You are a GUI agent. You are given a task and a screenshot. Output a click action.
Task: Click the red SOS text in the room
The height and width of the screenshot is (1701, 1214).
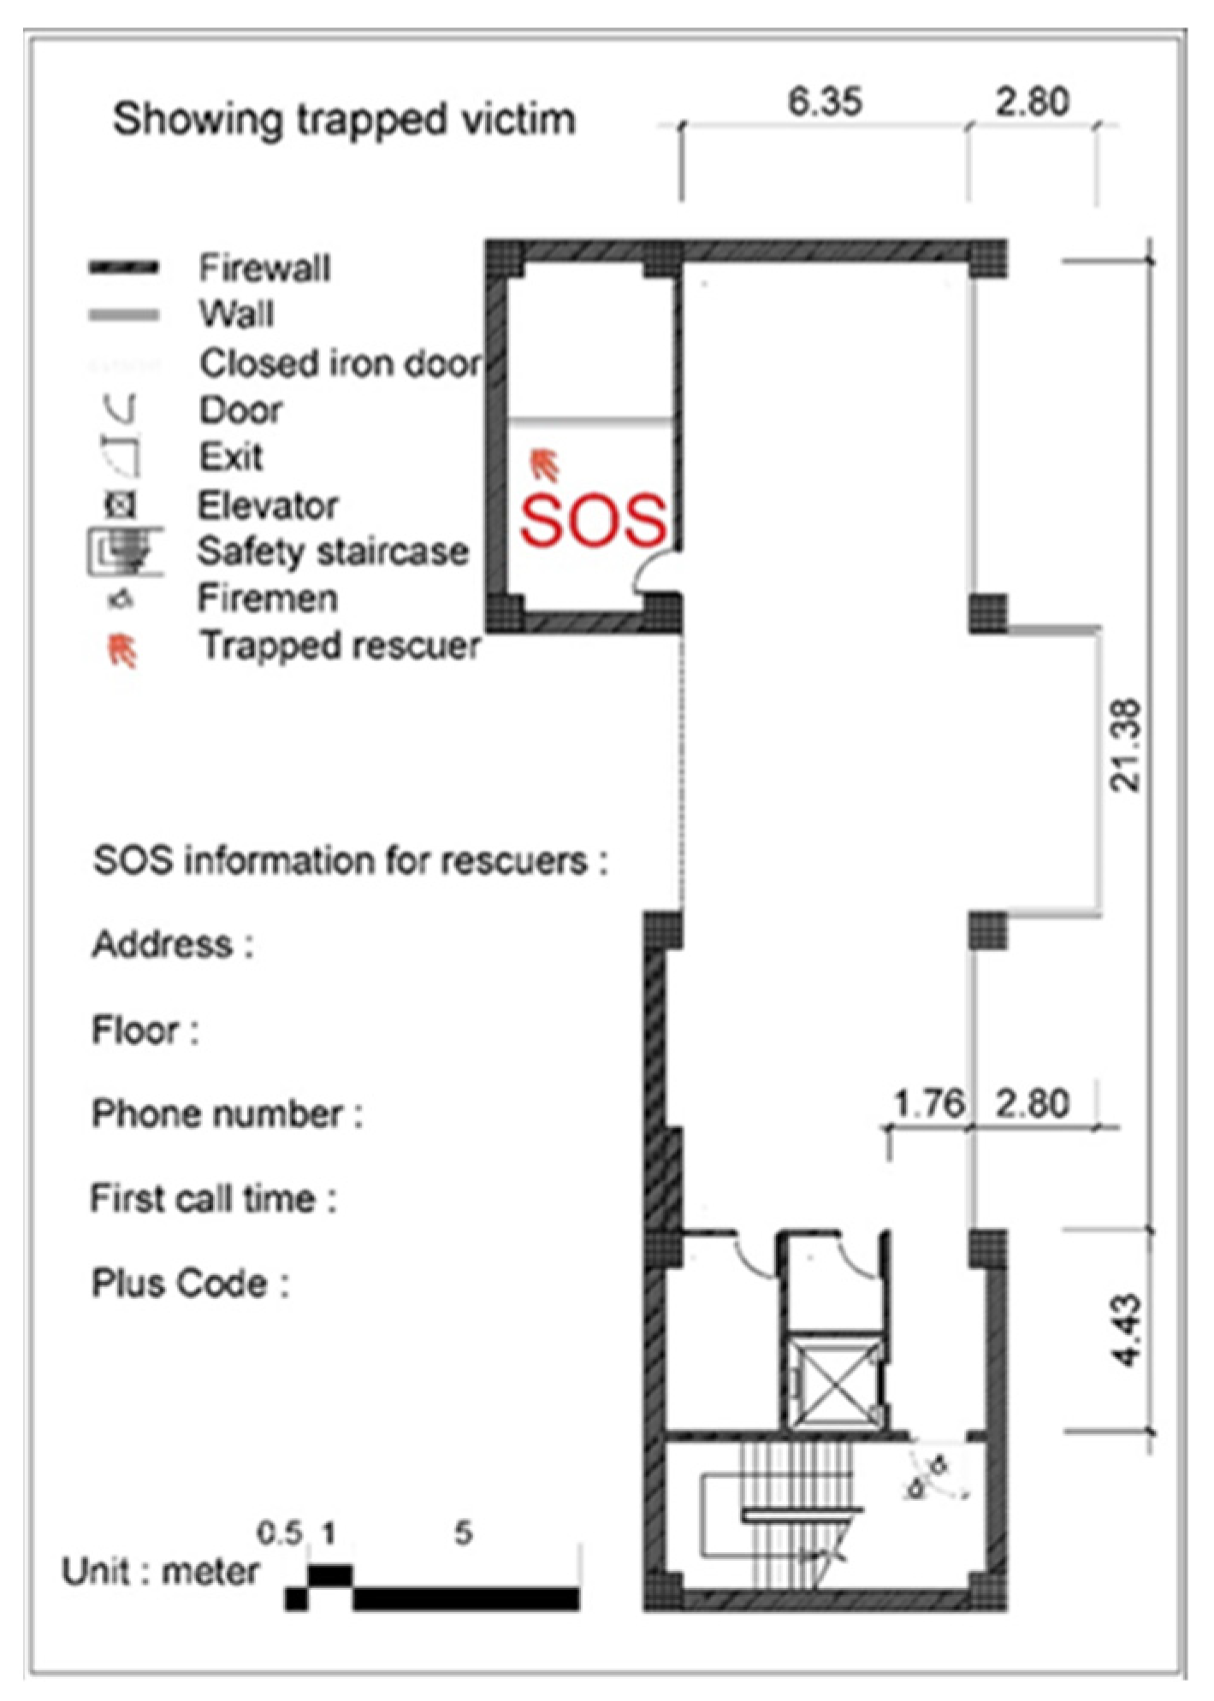(x=593, y=520)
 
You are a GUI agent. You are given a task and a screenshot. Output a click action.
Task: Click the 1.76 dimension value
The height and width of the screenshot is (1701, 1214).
(x=929, y=1103)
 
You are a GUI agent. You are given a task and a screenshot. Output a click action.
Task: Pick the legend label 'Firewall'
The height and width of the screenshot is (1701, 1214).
(x=264, y=268)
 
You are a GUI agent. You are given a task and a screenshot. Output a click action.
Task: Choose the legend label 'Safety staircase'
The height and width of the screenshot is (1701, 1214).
(x=334, y=552)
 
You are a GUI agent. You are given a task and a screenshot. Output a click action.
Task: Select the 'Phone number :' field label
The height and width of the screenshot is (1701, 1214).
(x=228, y=1114)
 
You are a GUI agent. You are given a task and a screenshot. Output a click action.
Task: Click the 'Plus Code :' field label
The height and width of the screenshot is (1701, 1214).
(x=191, y=1283)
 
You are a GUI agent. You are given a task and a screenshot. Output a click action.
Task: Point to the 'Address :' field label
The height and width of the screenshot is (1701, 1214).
(x=173, y=945)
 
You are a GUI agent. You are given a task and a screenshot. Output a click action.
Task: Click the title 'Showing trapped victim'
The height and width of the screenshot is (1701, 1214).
(x=344, y=118)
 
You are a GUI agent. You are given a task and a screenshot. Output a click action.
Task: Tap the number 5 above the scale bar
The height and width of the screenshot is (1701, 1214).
(x=463, y=1532)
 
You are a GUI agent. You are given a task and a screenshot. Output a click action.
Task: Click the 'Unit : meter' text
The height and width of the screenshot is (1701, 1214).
(x=161, y=1571)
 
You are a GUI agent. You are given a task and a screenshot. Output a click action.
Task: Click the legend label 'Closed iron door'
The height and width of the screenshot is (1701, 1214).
(x=341, y=363)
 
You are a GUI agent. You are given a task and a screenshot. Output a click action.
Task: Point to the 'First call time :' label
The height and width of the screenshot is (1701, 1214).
(x=214, y=1198)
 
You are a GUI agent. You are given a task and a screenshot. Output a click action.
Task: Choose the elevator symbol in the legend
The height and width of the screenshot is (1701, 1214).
(x=121, y=505)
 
